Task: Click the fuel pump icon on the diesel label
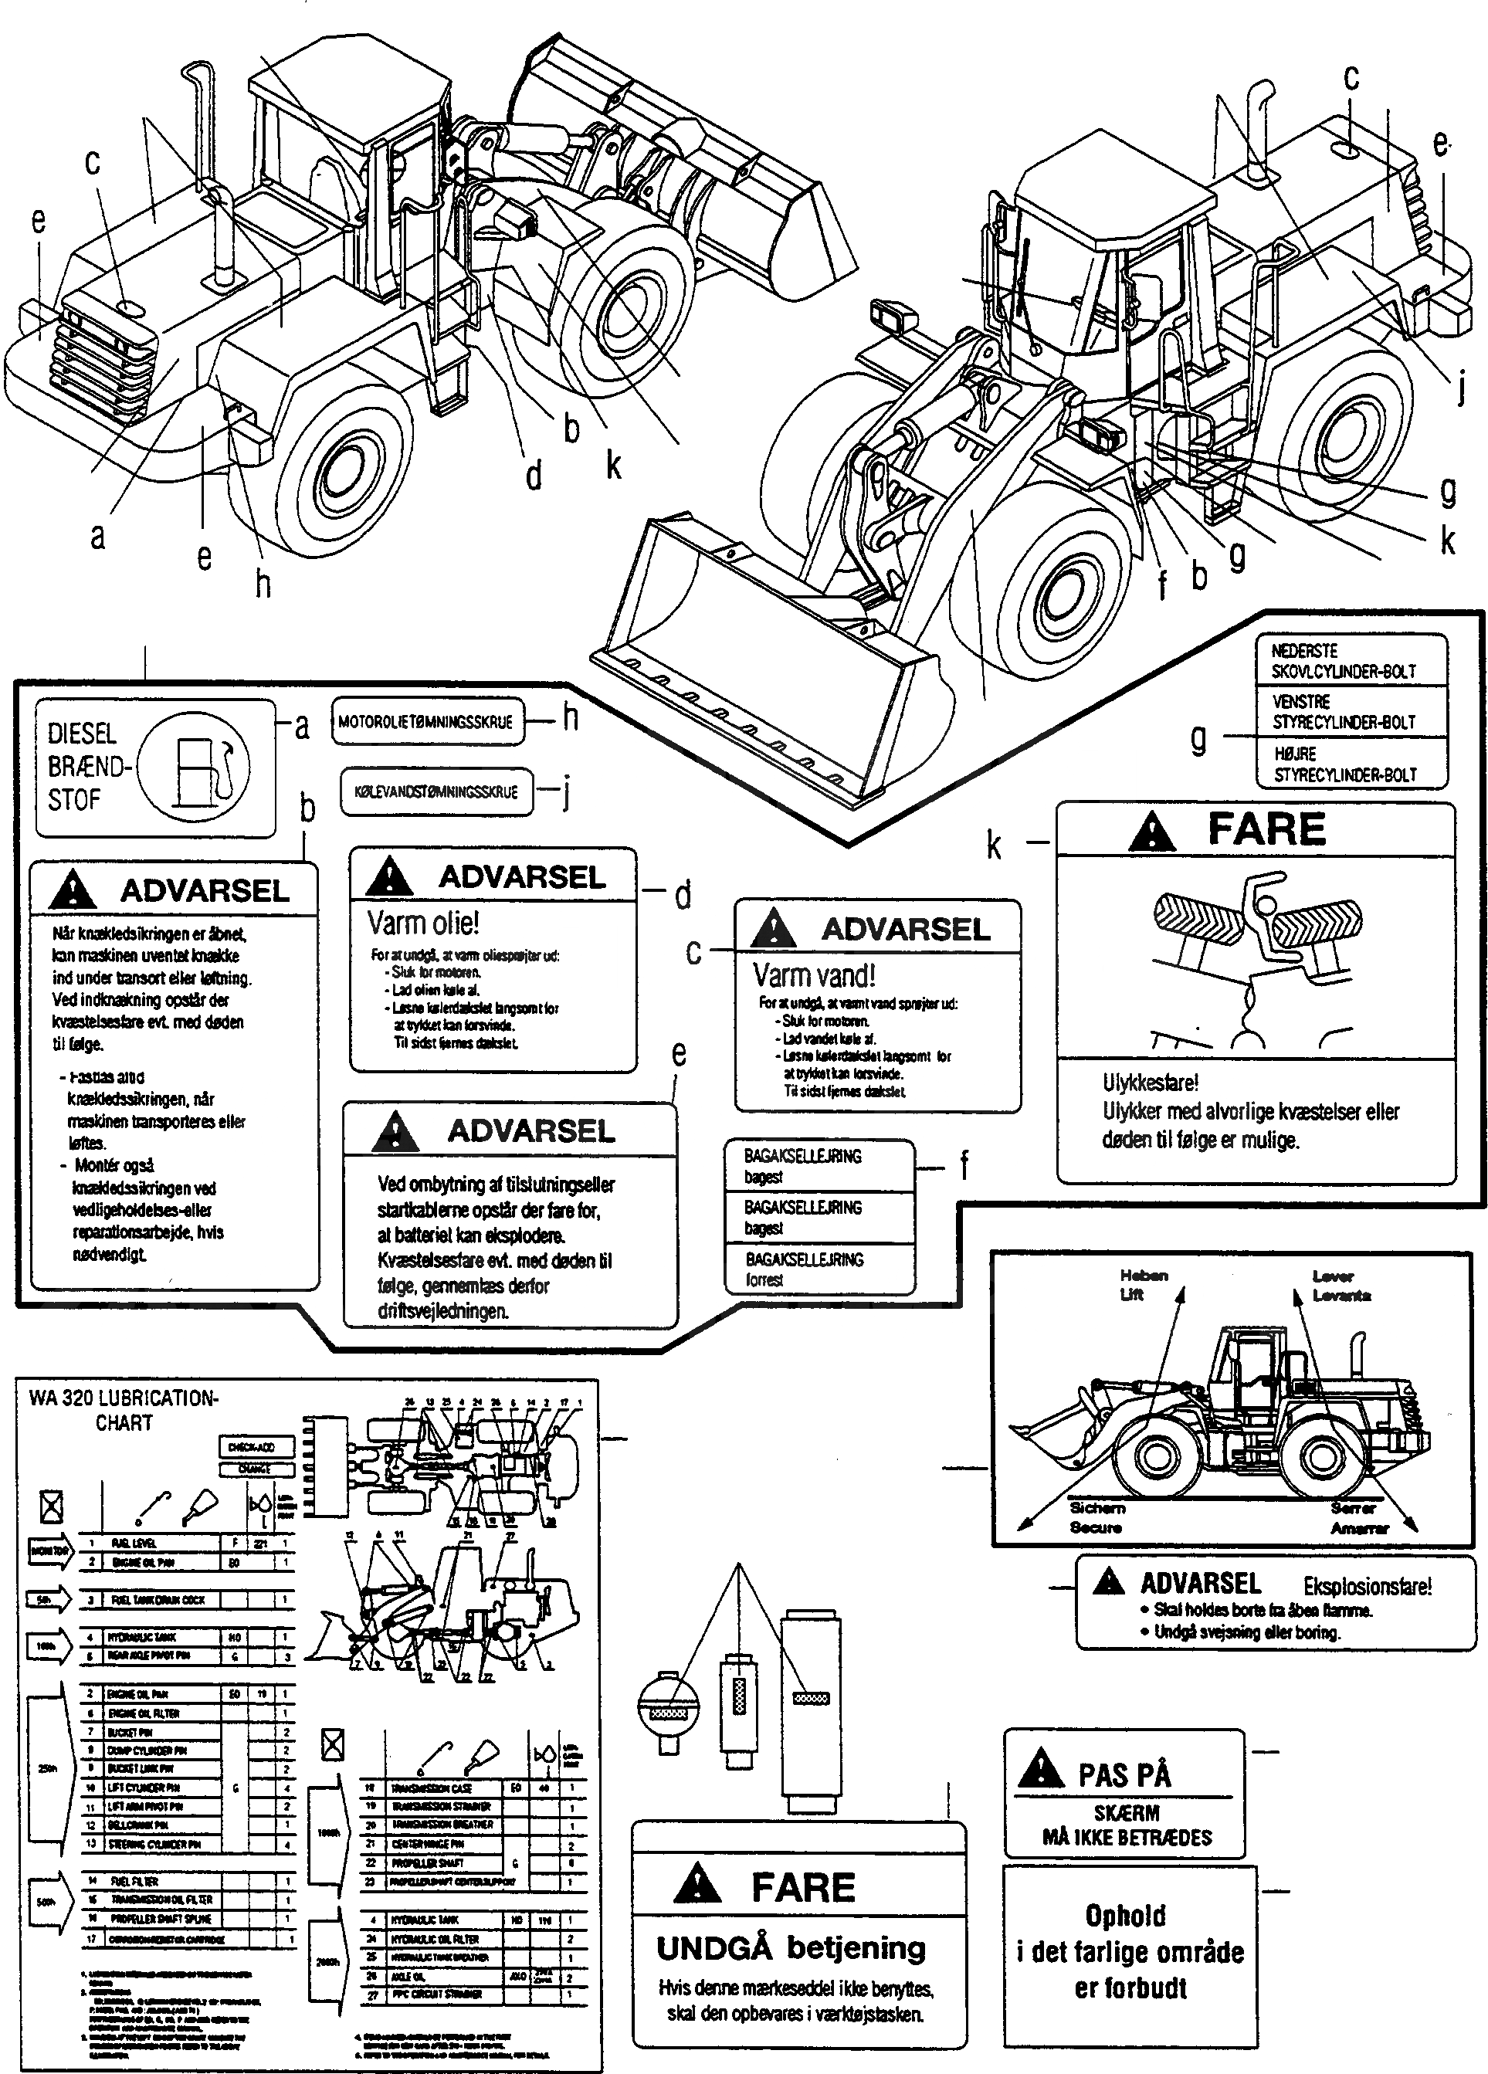pos(198,766)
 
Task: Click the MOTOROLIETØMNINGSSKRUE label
pos(425,721)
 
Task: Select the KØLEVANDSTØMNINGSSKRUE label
pos(436,791)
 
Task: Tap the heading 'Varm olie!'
pos(422,923)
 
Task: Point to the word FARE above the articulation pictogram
pos(1266,829)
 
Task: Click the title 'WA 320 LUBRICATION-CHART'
pos(124,1410)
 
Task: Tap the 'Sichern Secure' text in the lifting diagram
pos(1097,1518)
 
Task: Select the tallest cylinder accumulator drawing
pos(810,1705)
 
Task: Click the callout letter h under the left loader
pos(263,584)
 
